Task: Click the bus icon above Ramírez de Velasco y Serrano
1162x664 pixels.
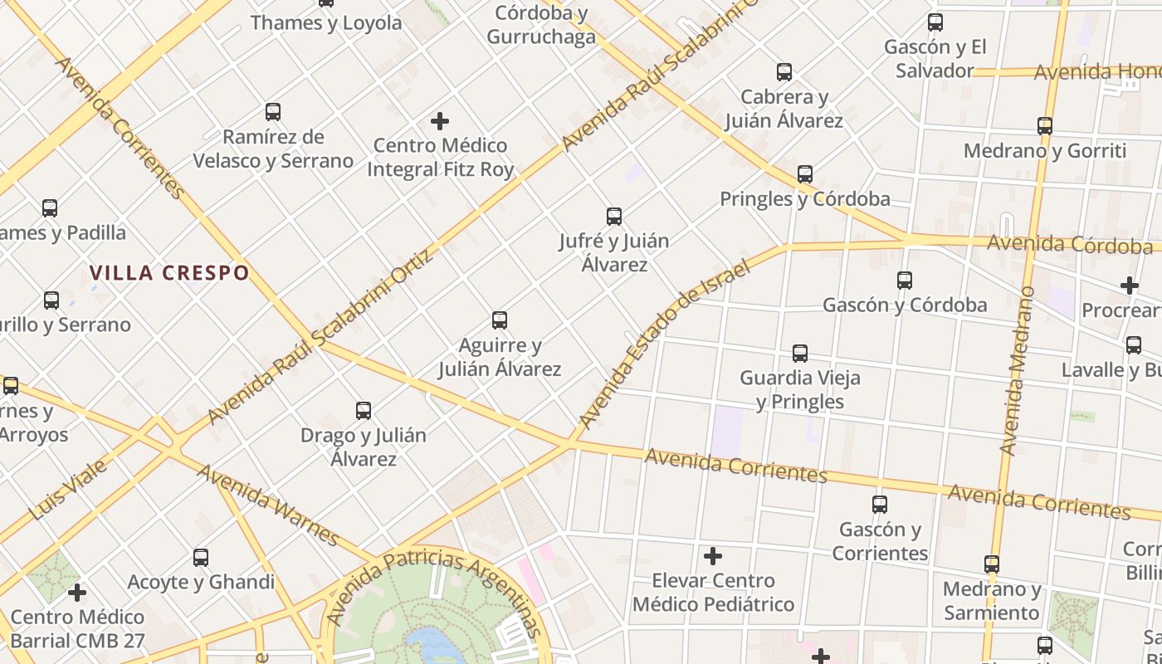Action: tap(272, 112)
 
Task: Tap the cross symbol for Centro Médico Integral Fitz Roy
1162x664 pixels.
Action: tap(440, 122)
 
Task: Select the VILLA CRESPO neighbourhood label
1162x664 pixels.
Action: tap(169, 273)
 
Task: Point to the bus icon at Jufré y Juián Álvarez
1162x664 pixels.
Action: tap(614, 217)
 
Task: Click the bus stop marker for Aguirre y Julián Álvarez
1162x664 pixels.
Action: tap(500, 320)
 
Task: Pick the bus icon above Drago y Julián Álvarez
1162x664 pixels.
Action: tap(364, 411)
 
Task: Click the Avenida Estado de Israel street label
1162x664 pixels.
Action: tap(664, 344)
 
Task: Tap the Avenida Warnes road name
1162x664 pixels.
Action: tap(268, 505)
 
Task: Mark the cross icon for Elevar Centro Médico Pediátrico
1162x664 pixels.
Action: tap(712, 556)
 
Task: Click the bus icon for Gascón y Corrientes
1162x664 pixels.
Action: tap(880, 505)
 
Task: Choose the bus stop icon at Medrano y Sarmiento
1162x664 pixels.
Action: tap(992, 564)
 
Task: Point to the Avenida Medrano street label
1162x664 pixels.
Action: tap(1017, 370)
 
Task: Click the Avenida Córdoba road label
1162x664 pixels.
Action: tap(1069, 245)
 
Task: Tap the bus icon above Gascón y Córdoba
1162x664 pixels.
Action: tap(905, 281)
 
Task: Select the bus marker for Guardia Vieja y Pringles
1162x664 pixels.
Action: tap(800, 354)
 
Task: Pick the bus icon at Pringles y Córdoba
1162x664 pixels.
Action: tap(805, 174)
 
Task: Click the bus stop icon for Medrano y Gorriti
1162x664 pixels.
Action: tap(1045, 126)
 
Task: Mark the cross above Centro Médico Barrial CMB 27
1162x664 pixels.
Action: tap(77, 593)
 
